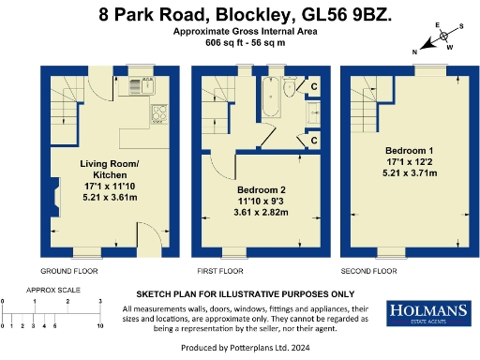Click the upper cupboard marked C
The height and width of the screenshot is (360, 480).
click(314, 87)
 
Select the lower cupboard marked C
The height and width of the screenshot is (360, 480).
click(314, 142)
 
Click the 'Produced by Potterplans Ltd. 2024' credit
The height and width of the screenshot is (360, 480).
click(239, 350)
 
